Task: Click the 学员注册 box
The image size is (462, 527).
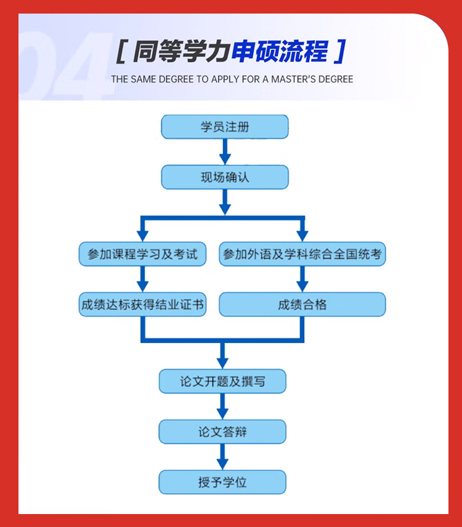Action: coord(225,127)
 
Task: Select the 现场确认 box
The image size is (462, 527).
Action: coord(225,177)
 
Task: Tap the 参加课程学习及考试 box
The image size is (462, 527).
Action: coord(142,254)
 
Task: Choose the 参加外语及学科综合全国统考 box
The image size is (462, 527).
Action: coord(302,254)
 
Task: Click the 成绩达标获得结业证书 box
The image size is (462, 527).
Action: coord(142,304)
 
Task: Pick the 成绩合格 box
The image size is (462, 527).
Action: coord(302,304)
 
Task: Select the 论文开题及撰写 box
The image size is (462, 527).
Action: coord(222,381)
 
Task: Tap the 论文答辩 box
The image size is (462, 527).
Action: coord(222,431)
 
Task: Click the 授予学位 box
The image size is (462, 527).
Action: coord(222,482)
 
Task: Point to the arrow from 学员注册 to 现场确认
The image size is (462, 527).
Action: coord(225,152)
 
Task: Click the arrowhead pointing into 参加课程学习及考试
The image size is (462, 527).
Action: coord(142,236)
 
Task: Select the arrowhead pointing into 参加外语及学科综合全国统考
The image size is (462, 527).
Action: coord(302,236)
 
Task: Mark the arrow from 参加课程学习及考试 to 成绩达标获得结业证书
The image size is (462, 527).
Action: coord(142,279)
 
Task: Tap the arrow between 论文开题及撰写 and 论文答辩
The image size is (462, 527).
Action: coord(222,406)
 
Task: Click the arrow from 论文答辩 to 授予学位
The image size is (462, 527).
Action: coord(222,457)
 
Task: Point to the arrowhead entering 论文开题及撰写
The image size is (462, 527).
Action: coord(222,363)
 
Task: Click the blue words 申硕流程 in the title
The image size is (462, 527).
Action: coord(280,51)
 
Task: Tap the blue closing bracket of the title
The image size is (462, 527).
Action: coord(340,51)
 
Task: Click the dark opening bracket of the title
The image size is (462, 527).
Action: coord(121,51)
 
